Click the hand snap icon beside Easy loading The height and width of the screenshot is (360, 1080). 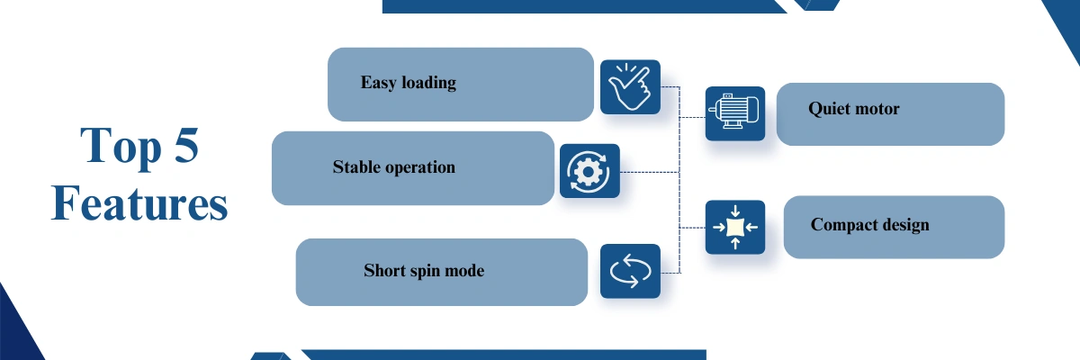point(630,87)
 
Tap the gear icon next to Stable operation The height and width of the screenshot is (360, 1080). point(589,171)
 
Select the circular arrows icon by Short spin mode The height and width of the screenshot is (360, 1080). point(630,271)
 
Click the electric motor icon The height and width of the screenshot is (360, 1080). point(734,113)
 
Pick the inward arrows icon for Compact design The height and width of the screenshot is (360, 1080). point(734,227)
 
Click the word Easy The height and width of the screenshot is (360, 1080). point(379,83)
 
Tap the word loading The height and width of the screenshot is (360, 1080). point(429,83)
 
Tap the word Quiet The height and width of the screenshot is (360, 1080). point(828,109)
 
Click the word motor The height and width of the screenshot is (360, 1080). point(877,109)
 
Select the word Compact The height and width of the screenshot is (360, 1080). point(842,226)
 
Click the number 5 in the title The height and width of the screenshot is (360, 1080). point(186,145)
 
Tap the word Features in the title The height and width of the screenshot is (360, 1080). point(139,203)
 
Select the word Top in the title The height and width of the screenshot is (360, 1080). point(121,147)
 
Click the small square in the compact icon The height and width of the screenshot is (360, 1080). point(734,227)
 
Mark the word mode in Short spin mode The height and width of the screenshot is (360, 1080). point(464,271)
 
